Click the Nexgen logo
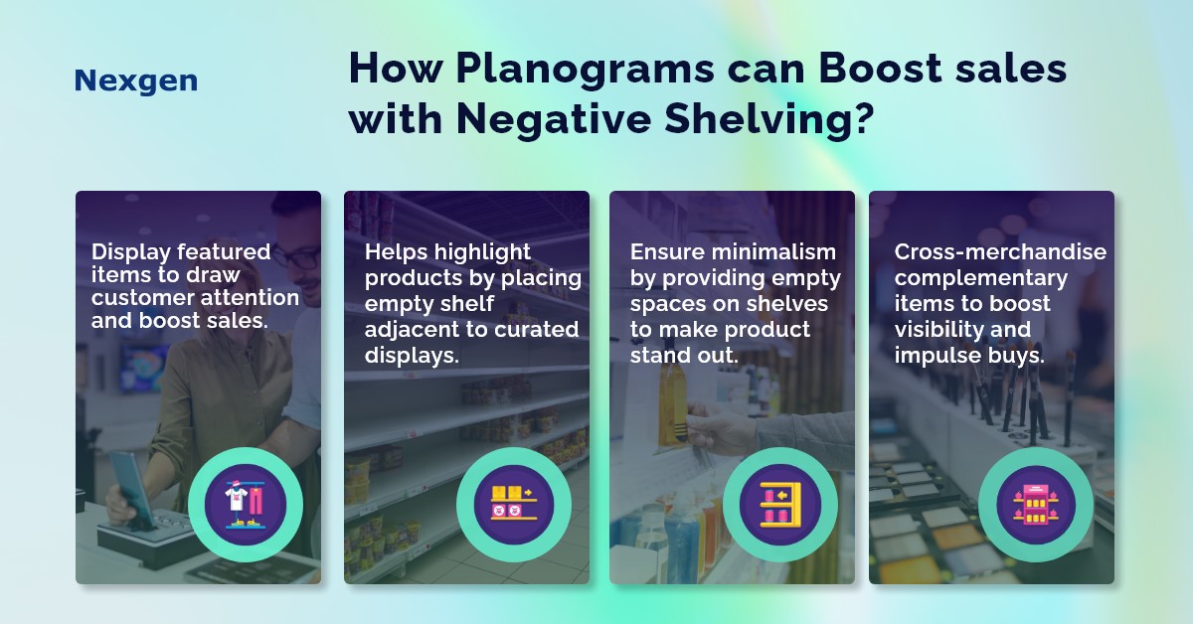(136, 80)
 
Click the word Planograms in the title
(585, 71)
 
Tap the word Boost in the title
(881, 69)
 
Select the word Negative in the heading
(554, 118)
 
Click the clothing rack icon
(245, 505)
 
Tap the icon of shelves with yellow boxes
(514, 503)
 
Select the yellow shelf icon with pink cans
(780, 504)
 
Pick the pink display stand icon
(1036, 504)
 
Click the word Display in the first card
(131, 251)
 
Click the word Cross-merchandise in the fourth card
(1000, 251)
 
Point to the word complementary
(980, 278)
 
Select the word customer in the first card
(141, 298)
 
